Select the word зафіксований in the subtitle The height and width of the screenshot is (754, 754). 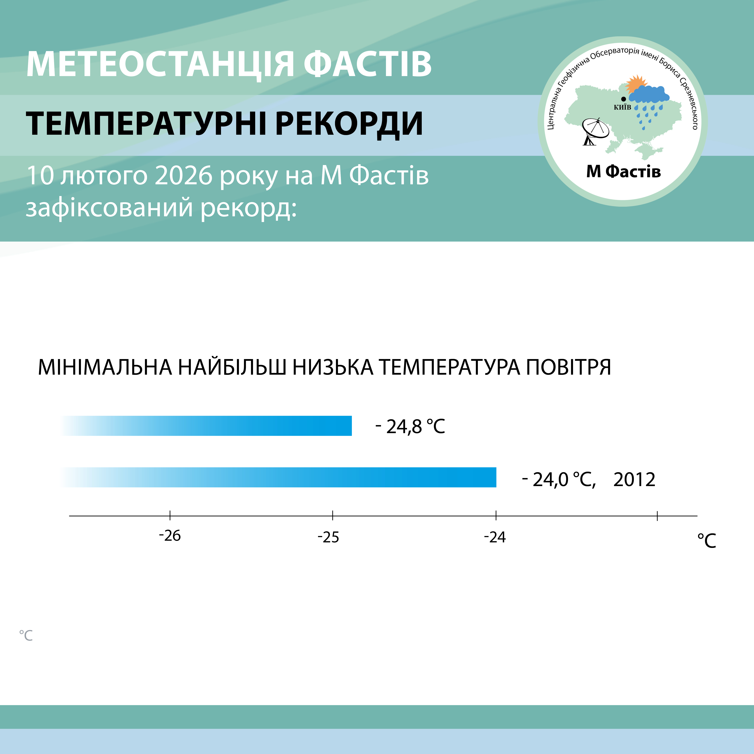[109, 208]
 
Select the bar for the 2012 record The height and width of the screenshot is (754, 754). [278, 477]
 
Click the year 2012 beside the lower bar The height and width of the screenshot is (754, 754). [634, 480]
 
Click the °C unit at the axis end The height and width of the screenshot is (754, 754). [707, 541]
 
